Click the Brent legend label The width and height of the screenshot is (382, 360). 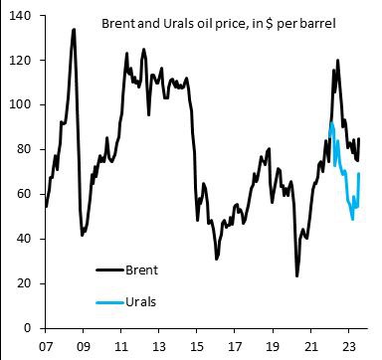(141, 269)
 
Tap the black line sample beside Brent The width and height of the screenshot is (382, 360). (107, 270)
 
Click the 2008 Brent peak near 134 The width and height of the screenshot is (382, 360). (74, 30)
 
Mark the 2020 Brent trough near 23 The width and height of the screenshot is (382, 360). (296, 275)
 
